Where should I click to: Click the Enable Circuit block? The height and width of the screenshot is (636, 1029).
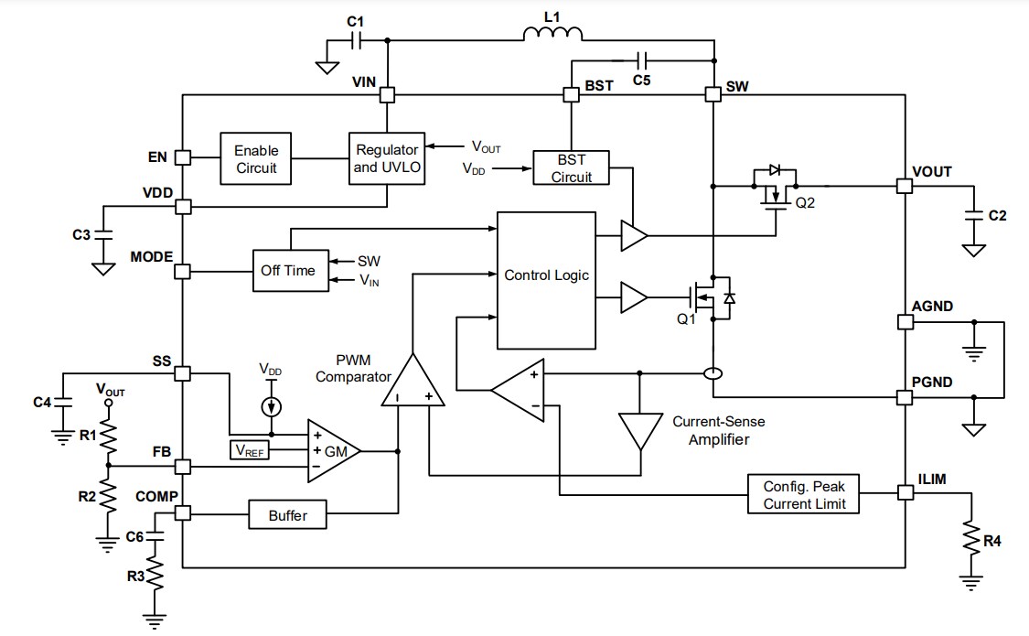click(256, 158)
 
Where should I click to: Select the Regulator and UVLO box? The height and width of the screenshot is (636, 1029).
click(387, 158)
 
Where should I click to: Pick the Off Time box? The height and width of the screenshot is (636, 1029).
click(289, 270)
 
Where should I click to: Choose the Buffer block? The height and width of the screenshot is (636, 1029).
click(288, 515)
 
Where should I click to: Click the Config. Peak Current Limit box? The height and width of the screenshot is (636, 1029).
click(804, 494)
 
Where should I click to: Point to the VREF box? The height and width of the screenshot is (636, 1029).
click(249, 450)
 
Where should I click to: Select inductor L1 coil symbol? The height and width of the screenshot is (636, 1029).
click(553, 34)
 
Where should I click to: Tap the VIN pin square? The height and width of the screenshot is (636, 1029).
click(387, 94)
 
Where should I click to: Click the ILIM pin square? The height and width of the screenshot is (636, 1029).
click(905, 493)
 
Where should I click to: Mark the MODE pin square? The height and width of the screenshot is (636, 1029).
click(183, 271)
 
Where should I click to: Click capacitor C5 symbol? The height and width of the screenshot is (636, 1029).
click(642, 61)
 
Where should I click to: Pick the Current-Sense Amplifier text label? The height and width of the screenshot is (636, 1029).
click(718, 431)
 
